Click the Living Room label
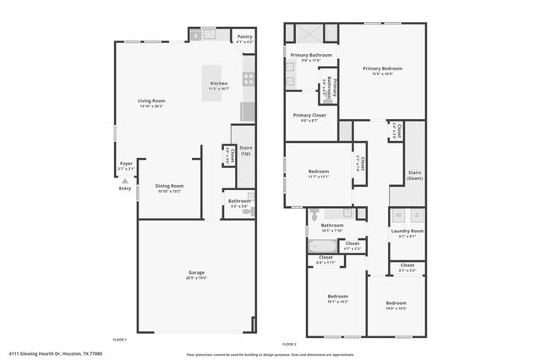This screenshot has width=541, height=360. pos(150,101)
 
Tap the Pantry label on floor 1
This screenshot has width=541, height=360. pos(244,37)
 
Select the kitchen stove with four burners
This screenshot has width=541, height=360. pos(249,80)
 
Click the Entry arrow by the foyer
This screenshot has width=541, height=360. pos(125,181)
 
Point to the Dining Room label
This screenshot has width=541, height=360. pos(169,186)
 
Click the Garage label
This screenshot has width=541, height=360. pos(197,272)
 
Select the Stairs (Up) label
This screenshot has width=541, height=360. pos(246,150)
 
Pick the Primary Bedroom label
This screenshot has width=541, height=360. pos(382,68)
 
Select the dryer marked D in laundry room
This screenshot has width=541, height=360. pos(417,215)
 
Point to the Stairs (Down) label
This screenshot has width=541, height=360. pos(414,175)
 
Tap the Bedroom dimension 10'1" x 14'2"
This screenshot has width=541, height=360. pos(338,302)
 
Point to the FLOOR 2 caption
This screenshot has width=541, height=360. pos(290,344)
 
